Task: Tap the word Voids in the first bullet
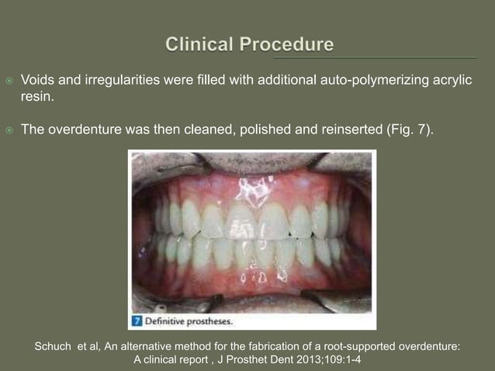tap(38, 80)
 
